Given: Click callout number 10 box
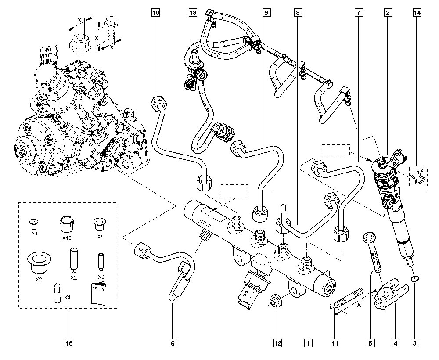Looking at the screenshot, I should coord(155,13).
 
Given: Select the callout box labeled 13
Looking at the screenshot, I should coord(193,13).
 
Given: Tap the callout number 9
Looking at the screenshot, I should coord(266,13).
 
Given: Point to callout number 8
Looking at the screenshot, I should coord(298,13).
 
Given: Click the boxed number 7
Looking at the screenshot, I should coord(359,13).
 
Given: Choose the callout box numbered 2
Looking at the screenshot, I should coord(388,13).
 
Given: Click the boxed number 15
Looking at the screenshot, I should coord(69,342).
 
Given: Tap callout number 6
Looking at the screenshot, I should coord(173,342).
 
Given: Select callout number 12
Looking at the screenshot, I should coord(277,342).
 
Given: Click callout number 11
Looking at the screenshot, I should coord(336,342).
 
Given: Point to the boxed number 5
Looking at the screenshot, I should coord(371,342).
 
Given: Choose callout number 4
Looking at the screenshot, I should coord(396,342).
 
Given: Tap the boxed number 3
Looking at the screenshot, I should coord(414,342).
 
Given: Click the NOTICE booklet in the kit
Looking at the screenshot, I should coord(97,293).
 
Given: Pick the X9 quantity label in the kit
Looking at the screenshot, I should coord(101,277).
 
